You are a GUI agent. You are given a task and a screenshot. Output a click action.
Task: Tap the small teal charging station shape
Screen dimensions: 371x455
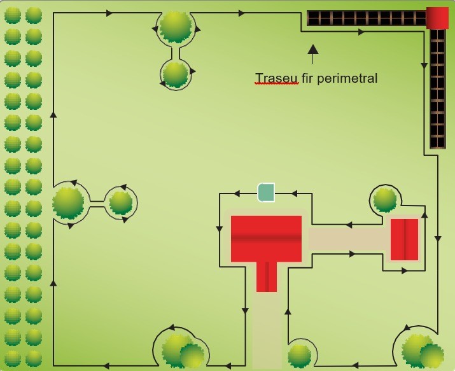pyautogui.click(x=266, y=192)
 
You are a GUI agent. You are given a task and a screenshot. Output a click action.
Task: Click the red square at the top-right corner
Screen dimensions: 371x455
pyautogui.click(x=437, y=18)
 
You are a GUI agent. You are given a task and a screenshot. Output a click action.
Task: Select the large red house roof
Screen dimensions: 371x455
pyautogui.click(x=266, y=238)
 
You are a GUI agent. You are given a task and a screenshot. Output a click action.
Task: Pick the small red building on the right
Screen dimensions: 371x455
pyautogui.click(x=404, y=239)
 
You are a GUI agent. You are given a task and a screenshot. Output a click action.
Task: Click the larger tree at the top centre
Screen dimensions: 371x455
pyautogui.click(x=175, y=26)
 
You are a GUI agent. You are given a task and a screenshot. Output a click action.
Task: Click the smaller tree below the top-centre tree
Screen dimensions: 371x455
pyautogui.click(x=175, y=74)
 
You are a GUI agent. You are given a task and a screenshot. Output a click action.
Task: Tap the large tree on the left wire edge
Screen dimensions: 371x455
pyautogui.click(x=68, y=202)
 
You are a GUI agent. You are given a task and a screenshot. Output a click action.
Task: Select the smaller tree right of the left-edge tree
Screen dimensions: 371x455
pyautogui.click(x=120, y=203)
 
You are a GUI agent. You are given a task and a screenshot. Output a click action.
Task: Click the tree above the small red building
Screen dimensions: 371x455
pyautogui.click(x=385, y=200)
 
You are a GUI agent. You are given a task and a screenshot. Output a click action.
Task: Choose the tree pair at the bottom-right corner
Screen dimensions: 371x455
pyautogui.click(x=421, y=351)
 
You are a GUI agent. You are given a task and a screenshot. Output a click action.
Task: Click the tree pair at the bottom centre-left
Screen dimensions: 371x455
pyautogui.click(x=183, y=351)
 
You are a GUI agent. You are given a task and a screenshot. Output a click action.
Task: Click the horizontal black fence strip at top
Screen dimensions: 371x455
pyautogui.click(x=366, y=18)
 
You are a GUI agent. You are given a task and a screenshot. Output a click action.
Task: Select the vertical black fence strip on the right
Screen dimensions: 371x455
pyautogui.click(x=437, y=89)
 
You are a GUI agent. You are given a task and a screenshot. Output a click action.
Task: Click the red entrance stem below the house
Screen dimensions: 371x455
pyautogui.click(x=267, y=277)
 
